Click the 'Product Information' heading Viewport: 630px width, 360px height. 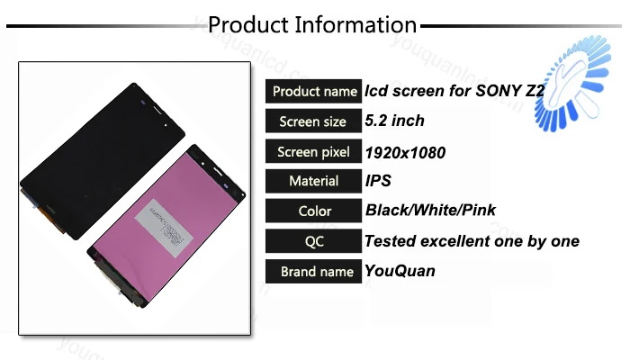pos(312,24)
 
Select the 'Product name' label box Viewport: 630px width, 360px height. pos(314,91)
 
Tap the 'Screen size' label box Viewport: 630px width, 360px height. pos(314,121)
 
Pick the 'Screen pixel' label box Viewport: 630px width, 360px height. pos(314,151)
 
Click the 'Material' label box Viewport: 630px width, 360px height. pos(314,181)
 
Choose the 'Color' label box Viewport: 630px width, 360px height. pos(314,211)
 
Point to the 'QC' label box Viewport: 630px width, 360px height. pos(314,241)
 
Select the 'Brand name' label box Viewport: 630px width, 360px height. pos(314,271)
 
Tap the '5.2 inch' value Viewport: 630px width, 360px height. pos(394,121)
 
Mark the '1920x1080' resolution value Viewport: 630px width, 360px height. pos(405,151)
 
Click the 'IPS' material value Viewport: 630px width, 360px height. pos(378,181)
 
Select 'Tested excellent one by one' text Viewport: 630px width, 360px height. pos(472,241)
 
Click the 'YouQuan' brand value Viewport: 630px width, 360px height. pos(400,271)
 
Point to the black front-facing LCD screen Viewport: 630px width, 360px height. pos(99,153)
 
